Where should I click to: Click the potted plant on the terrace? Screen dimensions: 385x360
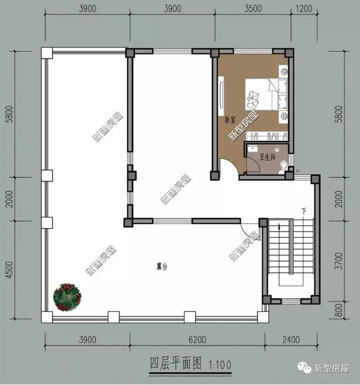pos(67,297)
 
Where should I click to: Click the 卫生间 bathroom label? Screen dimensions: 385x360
pos(268,157)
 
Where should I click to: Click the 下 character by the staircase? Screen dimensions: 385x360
pos(304,211)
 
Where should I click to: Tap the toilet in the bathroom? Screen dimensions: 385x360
pos(283,164)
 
